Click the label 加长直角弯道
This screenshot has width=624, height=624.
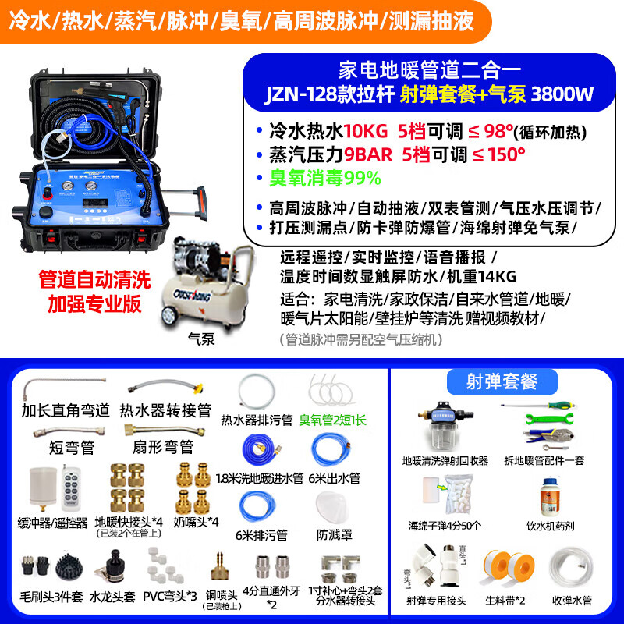click(66, 410)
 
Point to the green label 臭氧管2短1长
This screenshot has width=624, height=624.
click(332, 420)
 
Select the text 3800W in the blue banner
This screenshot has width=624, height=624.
click(562, 95)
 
